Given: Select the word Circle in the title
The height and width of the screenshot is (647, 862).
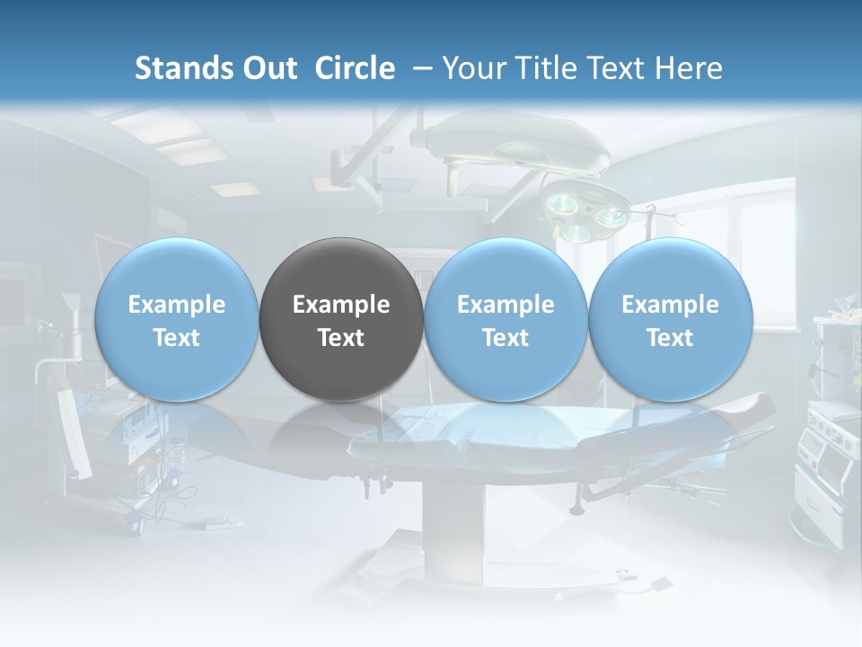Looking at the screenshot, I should click(x=355, y=68).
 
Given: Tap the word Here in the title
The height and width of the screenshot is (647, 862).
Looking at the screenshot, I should click(x=690, y=68).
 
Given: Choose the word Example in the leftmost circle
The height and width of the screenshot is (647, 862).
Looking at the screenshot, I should click(x=177, y=305).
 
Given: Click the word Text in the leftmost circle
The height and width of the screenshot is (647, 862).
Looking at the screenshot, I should click(x=177, y=338).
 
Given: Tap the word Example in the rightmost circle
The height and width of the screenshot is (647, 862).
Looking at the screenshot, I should click(x=670, y=305).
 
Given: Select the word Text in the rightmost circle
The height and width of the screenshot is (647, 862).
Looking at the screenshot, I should click(x=670, y=338).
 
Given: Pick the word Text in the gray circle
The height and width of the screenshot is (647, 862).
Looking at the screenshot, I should click(x=341, y=338).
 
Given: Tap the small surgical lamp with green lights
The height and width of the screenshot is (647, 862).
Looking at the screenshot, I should click(x=584, y=211).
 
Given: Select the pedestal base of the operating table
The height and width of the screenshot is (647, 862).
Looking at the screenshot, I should click(x=458, y=530).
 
